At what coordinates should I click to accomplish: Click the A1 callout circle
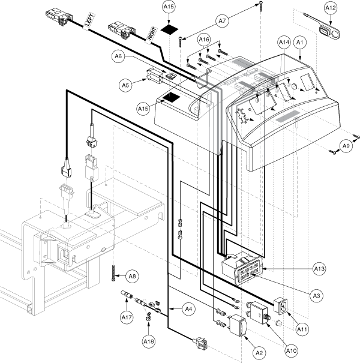click(x=300, y=43)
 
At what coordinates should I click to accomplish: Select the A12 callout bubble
click(x=331, y=8)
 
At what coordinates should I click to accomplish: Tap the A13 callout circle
click(x=319, y=269)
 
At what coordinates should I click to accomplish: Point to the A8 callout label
click(x=132, y=276)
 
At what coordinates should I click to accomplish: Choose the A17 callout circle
click(x=127, y=317)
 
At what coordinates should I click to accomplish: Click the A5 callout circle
click(x=125, y=85)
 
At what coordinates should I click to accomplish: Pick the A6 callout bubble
click(x=118, y=56)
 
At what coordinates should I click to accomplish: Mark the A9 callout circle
click(x=346, y=146)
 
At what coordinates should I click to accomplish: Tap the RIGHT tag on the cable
click(x=152, y=35)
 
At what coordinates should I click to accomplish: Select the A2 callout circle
click(x=259, y=353)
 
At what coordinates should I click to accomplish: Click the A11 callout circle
click(x=302, y=329)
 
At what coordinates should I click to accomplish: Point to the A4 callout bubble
click(x=188, y=309)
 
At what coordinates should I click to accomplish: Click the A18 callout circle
click(x=149, y=341)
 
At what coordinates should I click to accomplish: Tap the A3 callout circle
click(x=316, y=296)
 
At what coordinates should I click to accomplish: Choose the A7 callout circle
click(x=222, y=21)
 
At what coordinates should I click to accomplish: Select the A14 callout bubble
click(x=284, y=43)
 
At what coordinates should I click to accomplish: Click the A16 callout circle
click(x=204, y=40)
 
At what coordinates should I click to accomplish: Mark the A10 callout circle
click(x=291, y=351)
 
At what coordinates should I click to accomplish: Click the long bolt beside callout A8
click(x=113, y=273)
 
